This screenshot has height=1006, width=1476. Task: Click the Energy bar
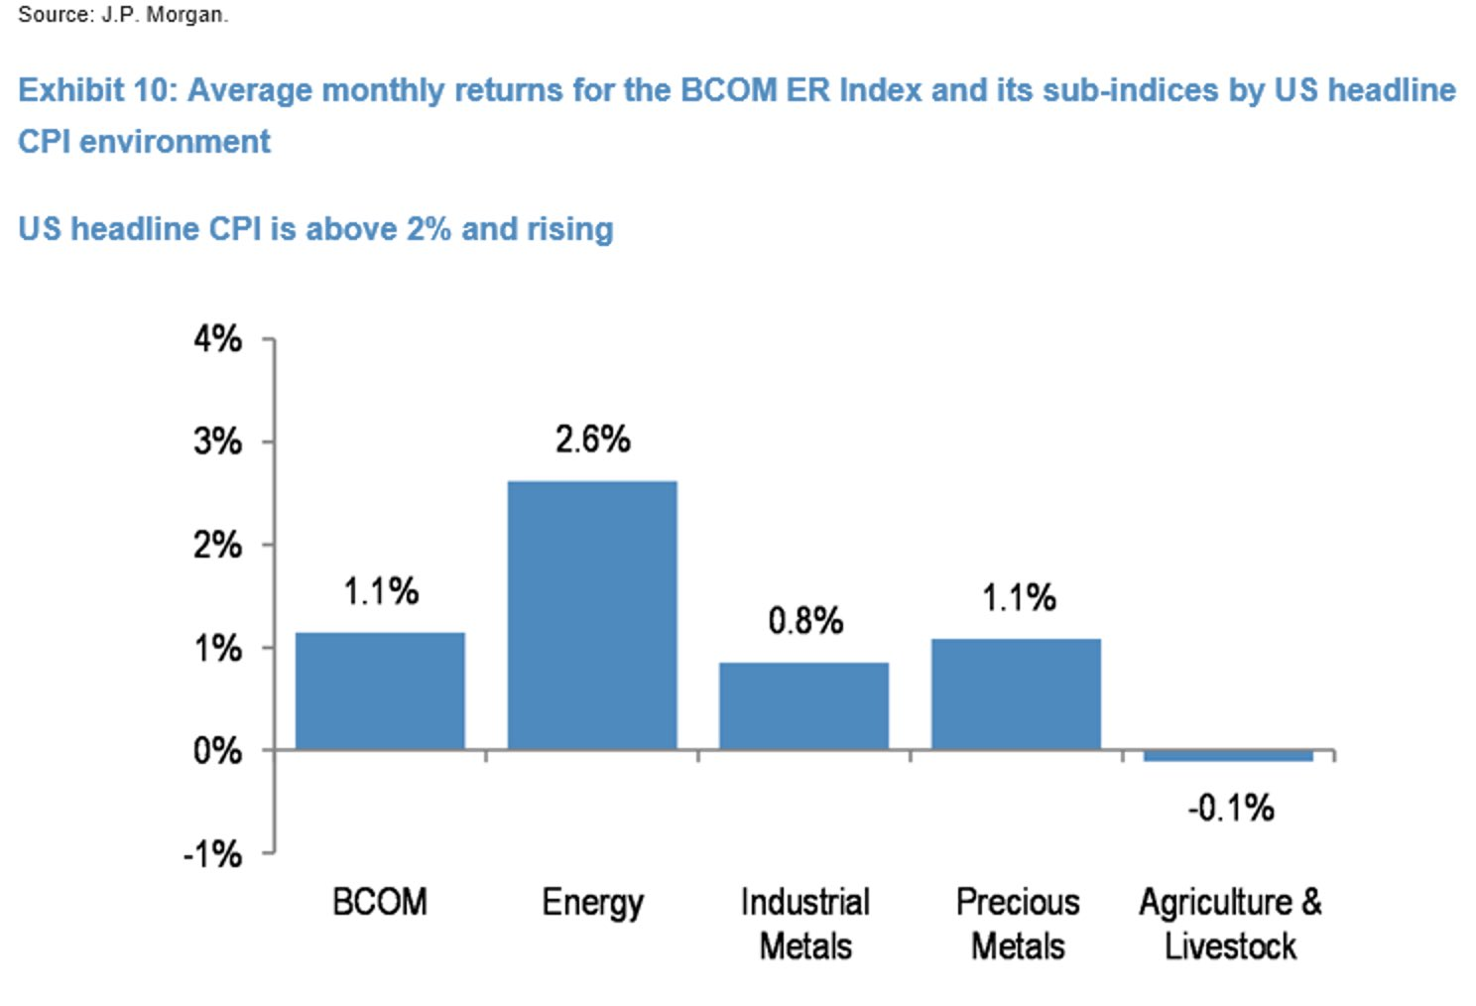(592, 615)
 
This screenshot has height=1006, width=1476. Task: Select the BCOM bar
(380, 691)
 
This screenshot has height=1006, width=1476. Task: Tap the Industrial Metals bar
(803, 706)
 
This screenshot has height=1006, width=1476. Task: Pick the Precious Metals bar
(1016, 694)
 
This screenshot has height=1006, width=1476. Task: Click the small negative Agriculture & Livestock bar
(1228, 755)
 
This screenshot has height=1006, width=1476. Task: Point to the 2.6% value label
(593, 440)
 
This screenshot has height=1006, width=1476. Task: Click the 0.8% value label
(805, 620)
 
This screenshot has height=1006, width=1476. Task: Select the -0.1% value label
(1231, 808)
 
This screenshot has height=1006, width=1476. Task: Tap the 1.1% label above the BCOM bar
(381, 590)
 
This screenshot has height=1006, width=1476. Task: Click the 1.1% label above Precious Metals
(1019, 597)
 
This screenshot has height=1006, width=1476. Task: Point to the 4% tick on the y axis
(218, 339)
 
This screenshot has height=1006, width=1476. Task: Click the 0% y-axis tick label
(218, 751)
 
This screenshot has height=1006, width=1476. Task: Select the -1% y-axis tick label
(212, 854)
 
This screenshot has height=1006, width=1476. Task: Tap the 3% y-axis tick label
(218, 441)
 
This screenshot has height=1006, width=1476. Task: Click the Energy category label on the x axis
(592, 904)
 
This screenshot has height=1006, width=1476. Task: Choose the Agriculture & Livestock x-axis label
(1230, 925)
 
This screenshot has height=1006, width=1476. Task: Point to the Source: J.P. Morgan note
(123, 15)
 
